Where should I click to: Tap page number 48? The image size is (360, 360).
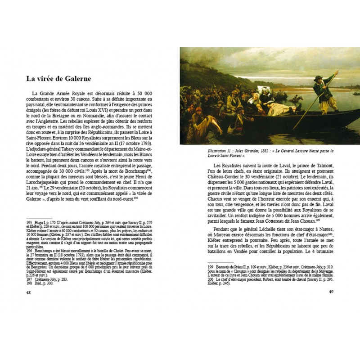point(28,292)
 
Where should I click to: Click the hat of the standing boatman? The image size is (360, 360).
point(318,78)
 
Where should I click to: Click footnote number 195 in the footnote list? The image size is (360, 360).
point(29,222)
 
